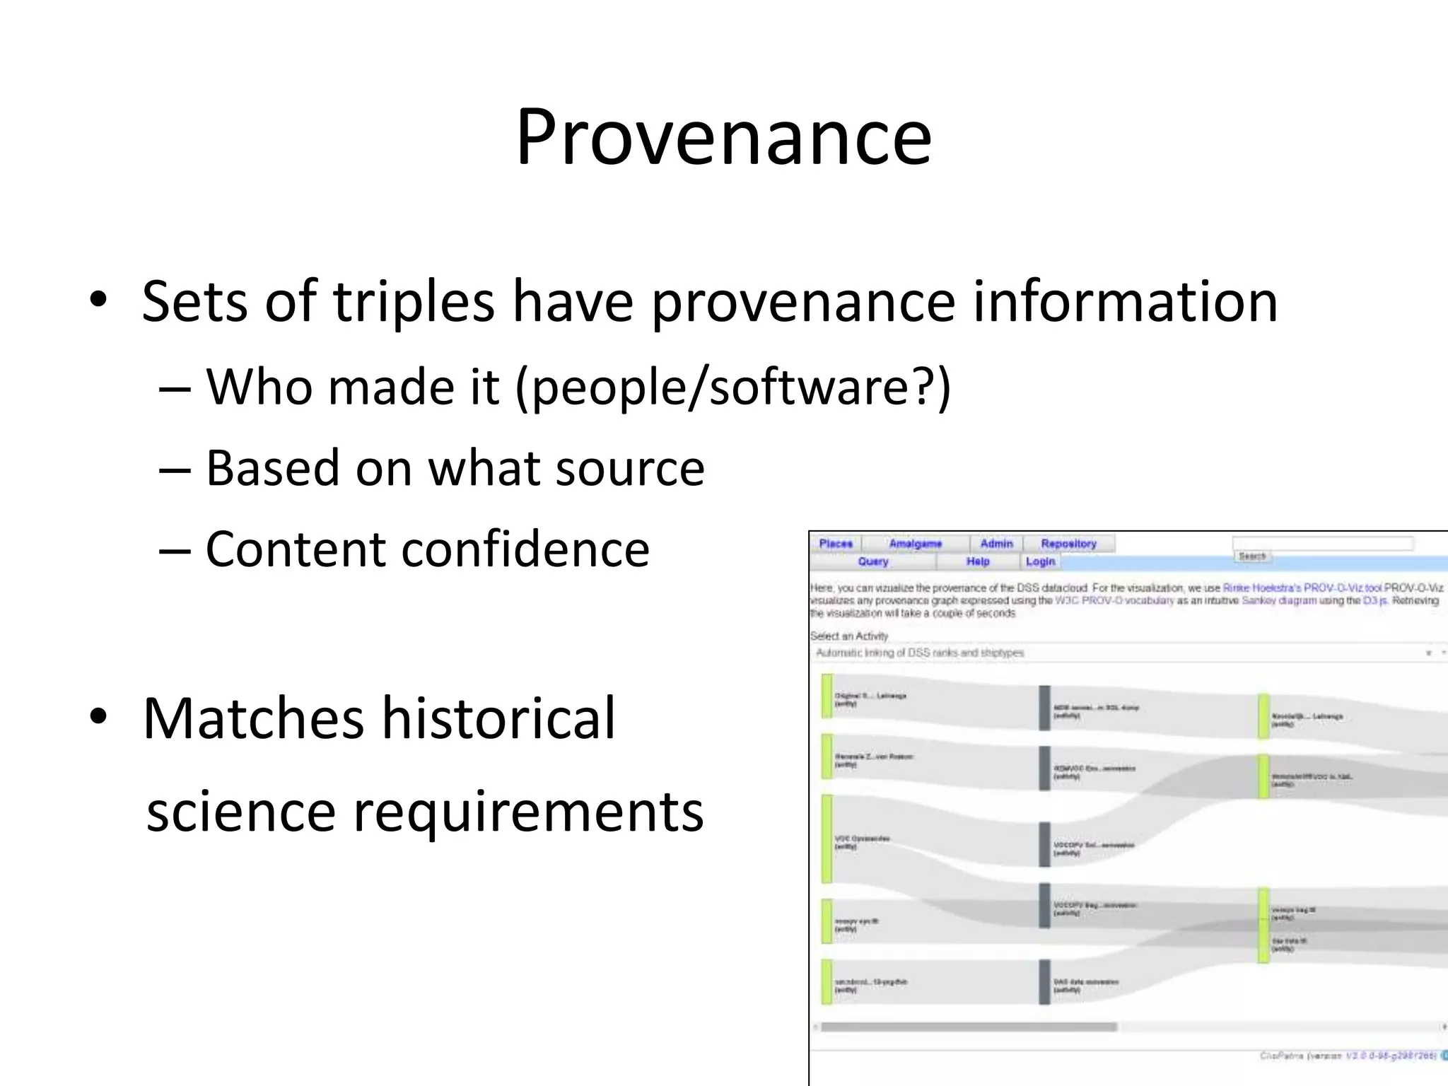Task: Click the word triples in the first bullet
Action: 413,302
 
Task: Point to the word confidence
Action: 525,549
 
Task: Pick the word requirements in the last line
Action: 527,811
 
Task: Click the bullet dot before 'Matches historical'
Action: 98,716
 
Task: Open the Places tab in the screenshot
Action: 836,544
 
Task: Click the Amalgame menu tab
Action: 915,544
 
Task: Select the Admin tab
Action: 996,544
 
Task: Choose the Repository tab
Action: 1068,544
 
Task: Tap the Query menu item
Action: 872,561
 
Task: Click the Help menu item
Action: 978,561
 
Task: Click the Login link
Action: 1040,561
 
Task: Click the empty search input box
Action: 1322,543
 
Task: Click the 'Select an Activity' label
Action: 849,636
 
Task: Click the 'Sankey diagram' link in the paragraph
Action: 1279,601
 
